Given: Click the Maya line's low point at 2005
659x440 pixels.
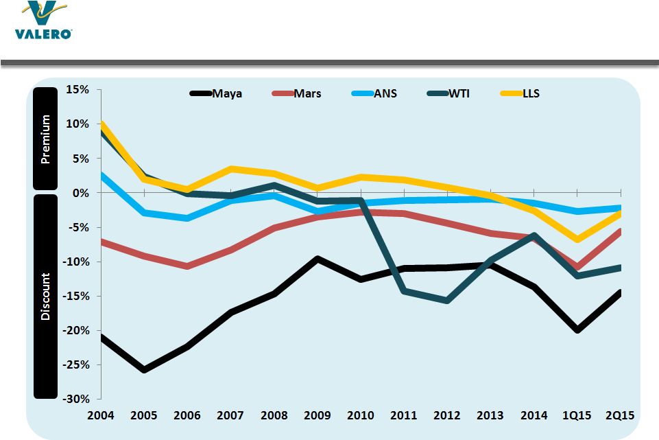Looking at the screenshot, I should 144,370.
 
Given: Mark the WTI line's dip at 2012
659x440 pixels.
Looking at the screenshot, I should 447,301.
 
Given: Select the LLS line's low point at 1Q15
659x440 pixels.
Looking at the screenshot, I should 577,240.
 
